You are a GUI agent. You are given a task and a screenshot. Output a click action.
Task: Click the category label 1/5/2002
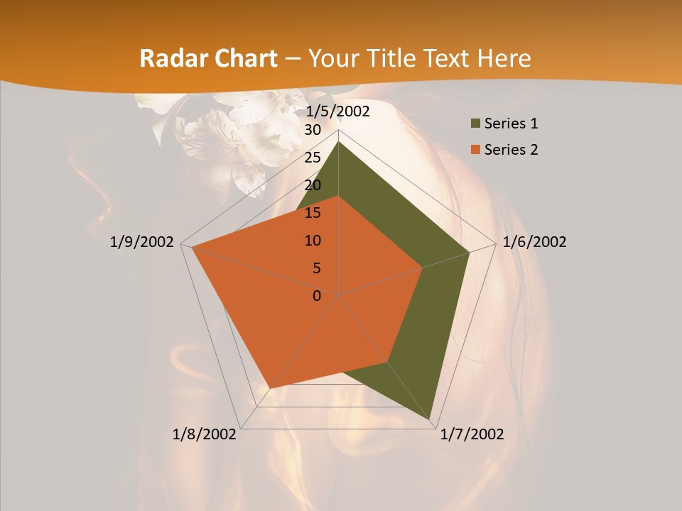[338, 111]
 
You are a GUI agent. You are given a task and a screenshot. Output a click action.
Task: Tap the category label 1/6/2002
[534, 242]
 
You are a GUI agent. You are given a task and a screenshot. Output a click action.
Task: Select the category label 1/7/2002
[472, 434]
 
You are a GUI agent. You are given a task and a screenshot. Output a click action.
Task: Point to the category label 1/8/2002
[205, 434]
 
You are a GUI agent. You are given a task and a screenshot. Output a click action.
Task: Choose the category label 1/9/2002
[142, 242]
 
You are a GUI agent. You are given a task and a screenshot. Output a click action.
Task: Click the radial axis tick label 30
[313, 130]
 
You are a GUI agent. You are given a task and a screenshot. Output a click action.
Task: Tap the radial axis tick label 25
[313, 158]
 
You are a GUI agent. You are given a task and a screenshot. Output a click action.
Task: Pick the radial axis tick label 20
[313, 185]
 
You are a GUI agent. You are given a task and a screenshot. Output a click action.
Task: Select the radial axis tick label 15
[313, 213]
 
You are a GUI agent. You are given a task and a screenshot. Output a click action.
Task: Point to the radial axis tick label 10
[313, 241]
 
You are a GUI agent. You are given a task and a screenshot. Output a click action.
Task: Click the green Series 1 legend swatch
[473, 124]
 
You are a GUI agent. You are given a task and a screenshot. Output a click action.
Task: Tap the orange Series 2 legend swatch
[473, 150]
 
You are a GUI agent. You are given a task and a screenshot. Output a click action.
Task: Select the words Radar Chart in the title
[208, 59]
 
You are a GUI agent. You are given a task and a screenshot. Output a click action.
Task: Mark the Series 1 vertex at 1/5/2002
[339, 141]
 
